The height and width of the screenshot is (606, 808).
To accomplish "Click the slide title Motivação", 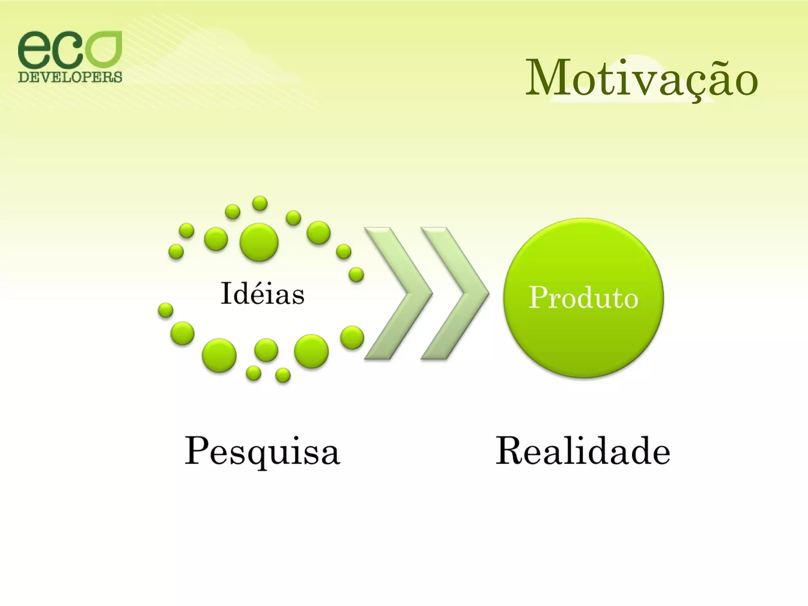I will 641,78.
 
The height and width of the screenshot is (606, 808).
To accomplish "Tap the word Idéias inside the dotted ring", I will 262,294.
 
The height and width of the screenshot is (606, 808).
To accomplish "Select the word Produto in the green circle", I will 583,298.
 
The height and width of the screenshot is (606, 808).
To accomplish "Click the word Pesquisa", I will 262,451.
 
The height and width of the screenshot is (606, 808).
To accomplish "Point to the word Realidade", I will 583,451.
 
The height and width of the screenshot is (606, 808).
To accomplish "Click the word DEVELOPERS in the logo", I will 70,77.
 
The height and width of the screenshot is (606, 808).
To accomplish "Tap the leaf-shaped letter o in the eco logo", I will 103,49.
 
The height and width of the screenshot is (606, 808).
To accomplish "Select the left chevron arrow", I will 397,293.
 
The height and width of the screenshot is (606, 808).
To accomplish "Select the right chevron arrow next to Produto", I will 454,293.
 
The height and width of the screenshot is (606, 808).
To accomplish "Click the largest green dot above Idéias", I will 259,242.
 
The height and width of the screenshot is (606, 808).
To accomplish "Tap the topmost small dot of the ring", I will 260,204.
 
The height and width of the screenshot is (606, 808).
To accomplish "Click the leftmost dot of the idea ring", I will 165,310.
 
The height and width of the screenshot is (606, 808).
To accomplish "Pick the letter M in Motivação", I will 548,78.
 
